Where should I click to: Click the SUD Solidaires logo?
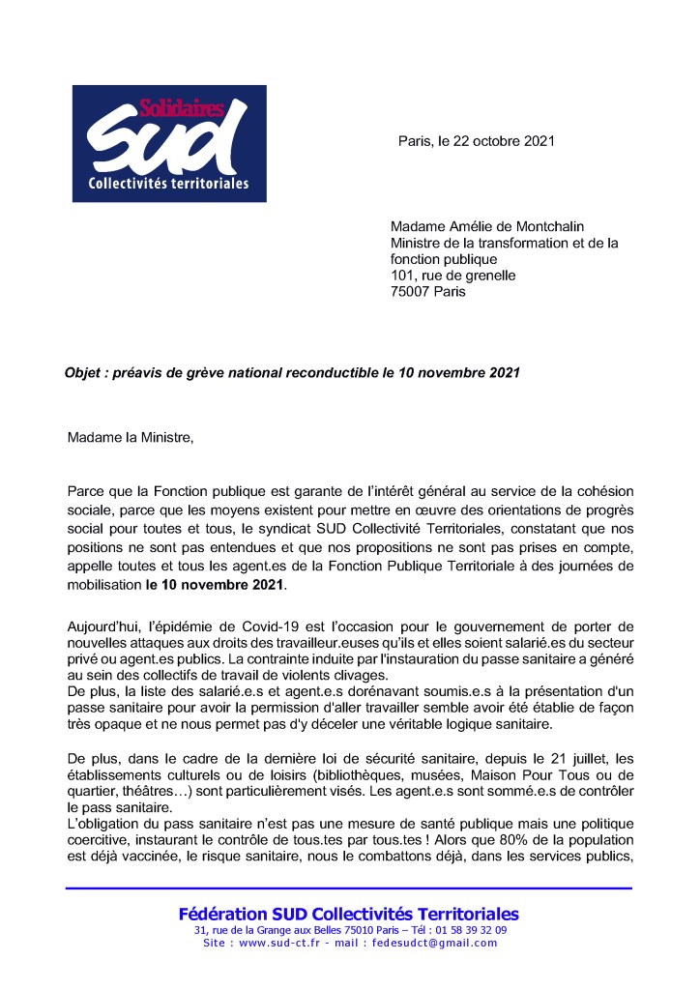point(169,143)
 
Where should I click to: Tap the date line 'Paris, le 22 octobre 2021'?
point(476,140)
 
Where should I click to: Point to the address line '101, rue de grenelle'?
point(452,276)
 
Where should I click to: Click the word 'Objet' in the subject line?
point(84,372)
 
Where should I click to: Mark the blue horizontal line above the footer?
point(348,888)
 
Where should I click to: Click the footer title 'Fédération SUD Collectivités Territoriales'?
point(348,914)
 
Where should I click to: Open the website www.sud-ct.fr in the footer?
point(283,943)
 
